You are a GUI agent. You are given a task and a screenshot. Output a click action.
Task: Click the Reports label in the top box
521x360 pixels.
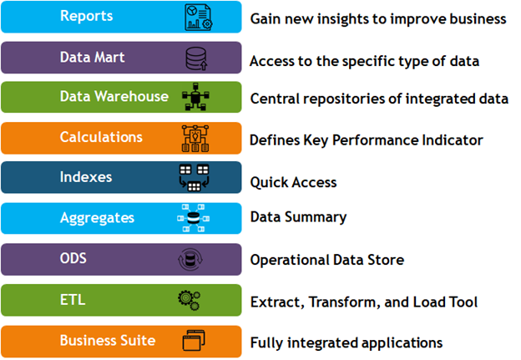pyautogui.click(x=86, y=16)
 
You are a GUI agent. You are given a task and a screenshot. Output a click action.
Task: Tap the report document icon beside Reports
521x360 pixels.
pyautogui.click(x=199, y=18)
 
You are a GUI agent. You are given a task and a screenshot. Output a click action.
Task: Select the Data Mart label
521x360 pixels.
pyautogui.click(x=93, y=57)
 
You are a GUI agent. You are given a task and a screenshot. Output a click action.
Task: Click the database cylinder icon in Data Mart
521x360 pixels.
pyautogui.click(x=196, y=58)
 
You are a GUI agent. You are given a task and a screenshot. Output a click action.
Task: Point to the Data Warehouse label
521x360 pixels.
pyautogui.click(x=114, y=96)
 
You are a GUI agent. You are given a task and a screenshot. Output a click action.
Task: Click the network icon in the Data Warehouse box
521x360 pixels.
pyautogui.click(x=195, y=97)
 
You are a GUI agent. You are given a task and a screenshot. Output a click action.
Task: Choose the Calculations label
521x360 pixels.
pyautogui.click(x=101, y=137)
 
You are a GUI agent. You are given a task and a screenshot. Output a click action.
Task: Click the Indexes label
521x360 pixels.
pyautogui.click(x=86, y=177)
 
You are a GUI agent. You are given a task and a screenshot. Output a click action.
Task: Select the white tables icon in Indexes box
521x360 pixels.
pyautogui.click(x=194, y=178)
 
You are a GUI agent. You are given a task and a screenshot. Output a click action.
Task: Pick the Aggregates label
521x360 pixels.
pyautogui.click(x=97, y=218)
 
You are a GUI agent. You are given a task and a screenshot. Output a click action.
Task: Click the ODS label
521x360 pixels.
pyautogui.click(x=73, y=258)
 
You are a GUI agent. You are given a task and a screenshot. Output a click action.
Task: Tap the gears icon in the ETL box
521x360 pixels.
pyautogui.click(x=189, y=300)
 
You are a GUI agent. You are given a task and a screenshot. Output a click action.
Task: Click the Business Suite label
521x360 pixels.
pyautogui.click(x=108, y=341)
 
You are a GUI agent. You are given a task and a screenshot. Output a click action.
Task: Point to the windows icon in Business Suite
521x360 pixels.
pyautogui.click(x=194, y=341)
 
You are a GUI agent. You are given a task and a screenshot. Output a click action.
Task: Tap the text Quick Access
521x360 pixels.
pyautogui.click(x=293, y=182)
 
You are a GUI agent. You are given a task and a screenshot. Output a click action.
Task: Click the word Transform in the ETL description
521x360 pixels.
pyautogui.click(x=345, y=302)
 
